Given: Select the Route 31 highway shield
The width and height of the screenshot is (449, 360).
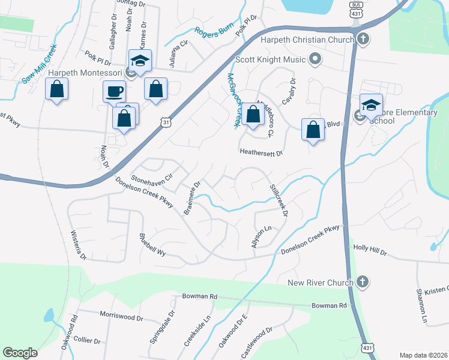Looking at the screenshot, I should tap(165, 122).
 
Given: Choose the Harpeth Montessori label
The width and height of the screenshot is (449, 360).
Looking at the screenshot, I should tap(86, 73).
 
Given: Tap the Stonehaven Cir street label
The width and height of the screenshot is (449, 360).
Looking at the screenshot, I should tap(152, 178).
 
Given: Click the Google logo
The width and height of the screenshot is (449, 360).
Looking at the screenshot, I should tap(20, 353).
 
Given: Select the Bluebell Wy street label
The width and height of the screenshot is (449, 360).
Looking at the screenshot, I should tap(152, 245).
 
